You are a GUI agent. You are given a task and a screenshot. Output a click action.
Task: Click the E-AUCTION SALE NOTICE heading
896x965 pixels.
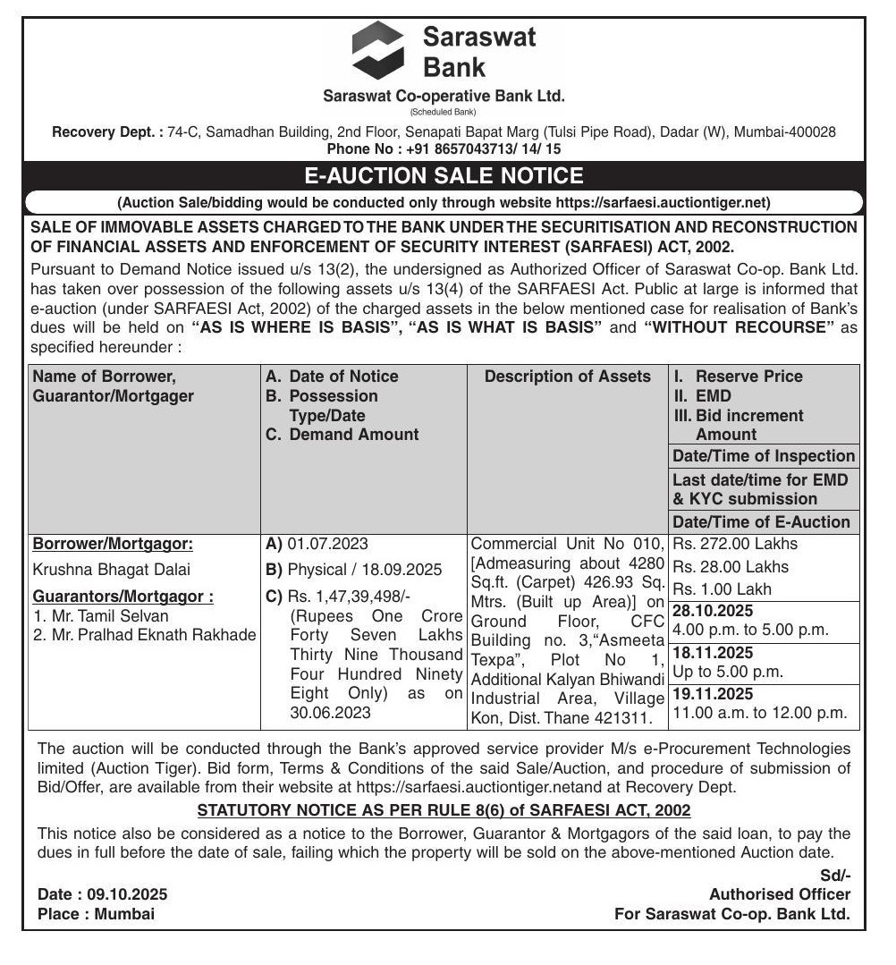(x=444, y=175)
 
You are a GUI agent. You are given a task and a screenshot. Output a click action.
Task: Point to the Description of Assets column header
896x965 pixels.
(x=567, y=377)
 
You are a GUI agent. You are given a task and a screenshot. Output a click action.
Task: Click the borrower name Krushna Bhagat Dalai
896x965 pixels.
(x=111, y=569)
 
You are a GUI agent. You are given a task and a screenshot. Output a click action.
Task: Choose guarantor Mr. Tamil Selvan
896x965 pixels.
(x=100, y=616)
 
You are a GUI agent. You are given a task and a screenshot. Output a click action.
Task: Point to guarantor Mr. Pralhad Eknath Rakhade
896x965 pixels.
(x=144, y=635)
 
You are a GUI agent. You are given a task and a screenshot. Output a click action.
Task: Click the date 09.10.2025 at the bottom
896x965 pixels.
(x=127, y=894)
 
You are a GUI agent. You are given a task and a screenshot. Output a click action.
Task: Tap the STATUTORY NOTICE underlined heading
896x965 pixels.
(x=444, y=810)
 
